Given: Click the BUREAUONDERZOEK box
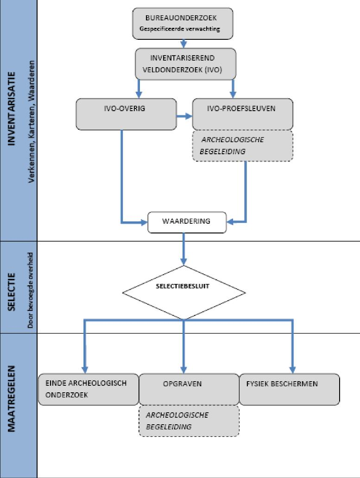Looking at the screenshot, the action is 183,24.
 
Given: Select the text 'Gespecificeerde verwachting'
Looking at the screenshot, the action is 180,29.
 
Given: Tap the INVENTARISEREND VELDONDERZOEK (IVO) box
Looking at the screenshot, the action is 185,64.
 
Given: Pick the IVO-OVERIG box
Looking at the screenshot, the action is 126,114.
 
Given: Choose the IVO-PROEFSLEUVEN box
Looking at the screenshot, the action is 243,114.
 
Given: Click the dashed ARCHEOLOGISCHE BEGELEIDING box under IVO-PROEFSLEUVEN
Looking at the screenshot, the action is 243,146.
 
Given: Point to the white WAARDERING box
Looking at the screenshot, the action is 187,222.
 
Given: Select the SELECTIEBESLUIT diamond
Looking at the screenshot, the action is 184,293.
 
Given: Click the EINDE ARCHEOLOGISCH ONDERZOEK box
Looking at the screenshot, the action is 88,389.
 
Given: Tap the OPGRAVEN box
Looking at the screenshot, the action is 189,389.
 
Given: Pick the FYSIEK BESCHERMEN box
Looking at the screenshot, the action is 289,389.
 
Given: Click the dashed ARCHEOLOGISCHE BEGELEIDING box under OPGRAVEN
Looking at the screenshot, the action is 189,421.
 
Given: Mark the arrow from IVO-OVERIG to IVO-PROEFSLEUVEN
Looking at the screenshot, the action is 184,116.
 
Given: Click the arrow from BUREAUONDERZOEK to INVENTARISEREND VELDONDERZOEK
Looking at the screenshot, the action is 183,43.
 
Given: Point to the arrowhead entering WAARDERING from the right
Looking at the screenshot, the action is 230,222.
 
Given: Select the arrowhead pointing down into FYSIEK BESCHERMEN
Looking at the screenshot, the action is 293,370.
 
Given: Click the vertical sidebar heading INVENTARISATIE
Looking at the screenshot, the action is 11,108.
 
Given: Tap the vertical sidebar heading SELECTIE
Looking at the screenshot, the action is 11,292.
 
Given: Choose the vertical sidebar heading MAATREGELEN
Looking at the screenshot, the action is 11,399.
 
